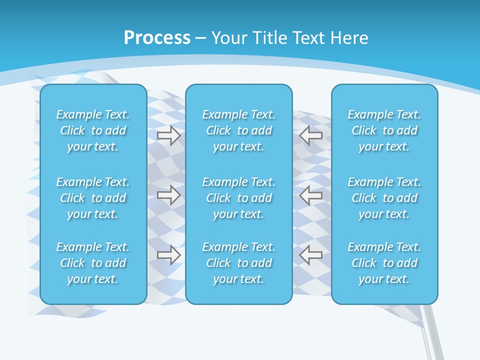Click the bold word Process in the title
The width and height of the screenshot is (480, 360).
coord(157,38)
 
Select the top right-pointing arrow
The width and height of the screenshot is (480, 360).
coord(169,135)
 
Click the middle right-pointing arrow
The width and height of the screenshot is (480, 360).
coord(169,194)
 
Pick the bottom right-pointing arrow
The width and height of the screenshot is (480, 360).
coord(169,254)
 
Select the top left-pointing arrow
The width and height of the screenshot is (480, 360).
coord(311,135)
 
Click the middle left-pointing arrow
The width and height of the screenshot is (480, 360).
coord(311,194)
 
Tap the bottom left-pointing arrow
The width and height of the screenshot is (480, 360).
coord(311,254)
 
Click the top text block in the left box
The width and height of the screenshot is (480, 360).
coord(93,130)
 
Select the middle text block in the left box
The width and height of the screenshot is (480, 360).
coord(93,198)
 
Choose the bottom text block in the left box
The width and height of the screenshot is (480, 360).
coord(93,263)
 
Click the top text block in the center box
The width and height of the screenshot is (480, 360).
coord(238,130)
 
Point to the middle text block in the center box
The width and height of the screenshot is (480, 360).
coord(238,198)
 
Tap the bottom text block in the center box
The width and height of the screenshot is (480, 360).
coord(238,263)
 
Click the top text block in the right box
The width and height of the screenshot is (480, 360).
coord(384,130)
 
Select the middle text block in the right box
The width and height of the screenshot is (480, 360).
coord(384,198)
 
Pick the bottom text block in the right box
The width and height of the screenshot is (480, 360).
coord(384,263)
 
